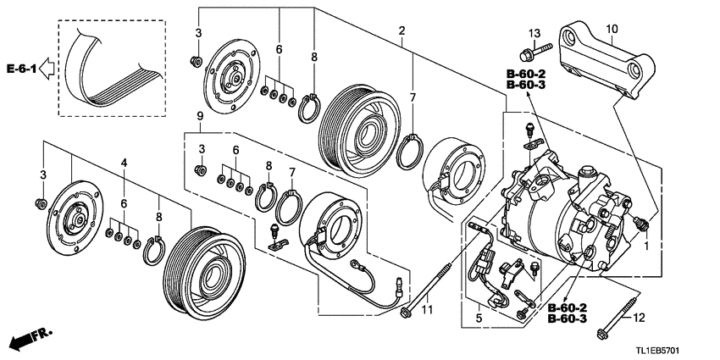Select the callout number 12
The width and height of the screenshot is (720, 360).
(x=640, y=318)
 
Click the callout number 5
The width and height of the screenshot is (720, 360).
(x=478, y=318)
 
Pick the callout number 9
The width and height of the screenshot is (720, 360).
(x=199, y=115)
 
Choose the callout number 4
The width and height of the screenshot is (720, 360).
(x=124, y=162)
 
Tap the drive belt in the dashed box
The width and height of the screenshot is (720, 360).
(x=106, y=68)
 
